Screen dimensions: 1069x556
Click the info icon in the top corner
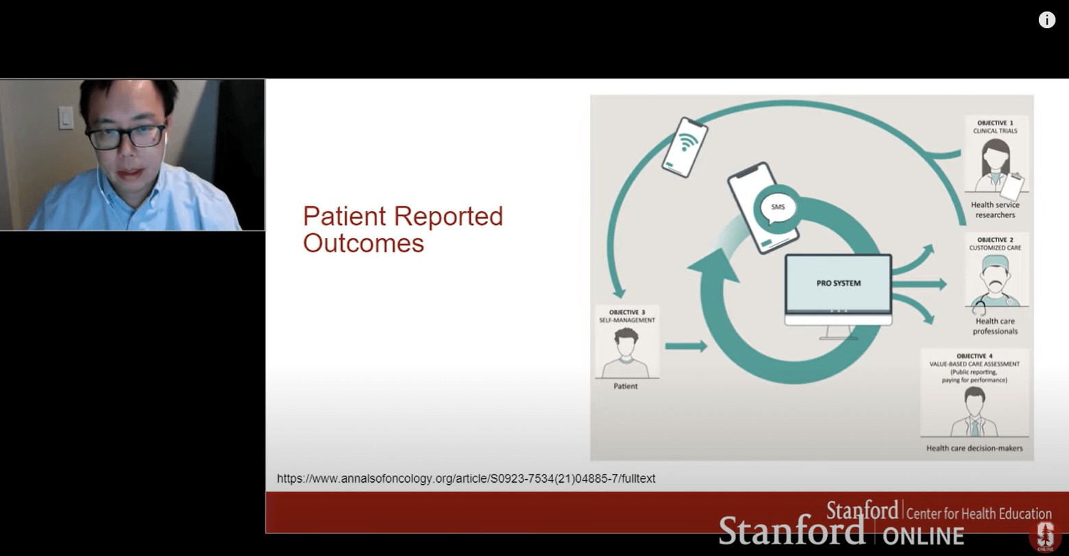(1046, 20)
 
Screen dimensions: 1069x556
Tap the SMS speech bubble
(777, 208)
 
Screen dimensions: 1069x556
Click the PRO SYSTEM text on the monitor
(839, 283)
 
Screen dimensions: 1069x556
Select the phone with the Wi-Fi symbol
(685, 147)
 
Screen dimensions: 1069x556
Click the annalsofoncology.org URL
(466, 479)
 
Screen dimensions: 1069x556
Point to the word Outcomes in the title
(364, 243)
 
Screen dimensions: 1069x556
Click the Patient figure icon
(626, 353)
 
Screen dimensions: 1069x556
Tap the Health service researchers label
(995, 210)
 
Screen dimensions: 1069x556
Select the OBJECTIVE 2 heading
(995, 239)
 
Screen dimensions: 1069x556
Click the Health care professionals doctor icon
(995, 282)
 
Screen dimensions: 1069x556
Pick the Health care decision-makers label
(974, 448)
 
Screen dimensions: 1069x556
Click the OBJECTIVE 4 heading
(974, 356)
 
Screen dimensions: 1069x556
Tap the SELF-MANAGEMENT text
(627, 320)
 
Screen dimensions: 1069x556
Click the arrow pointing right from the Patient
(686, 346)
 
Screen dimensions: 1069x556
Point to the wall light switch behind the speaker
(65, 118)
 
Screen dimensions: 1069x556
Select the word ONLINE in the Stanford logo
(923, 536)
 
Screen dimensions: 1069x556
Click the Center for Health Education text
(979, 513)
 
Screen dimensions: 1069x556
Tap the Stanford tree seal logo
(1044, 536)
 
